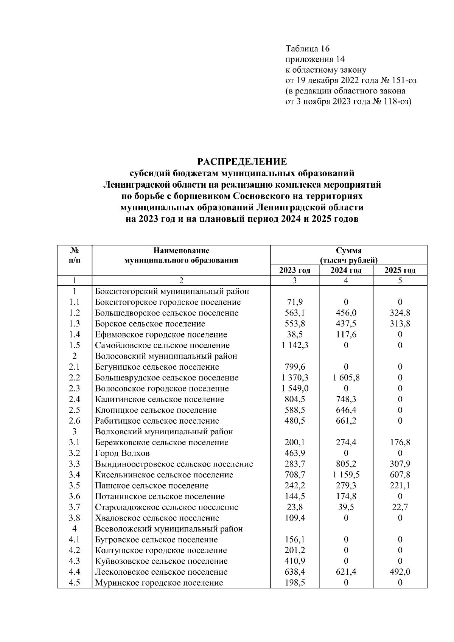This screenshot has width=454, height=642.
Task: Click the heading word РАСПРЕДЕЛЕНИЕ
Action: (242, 162)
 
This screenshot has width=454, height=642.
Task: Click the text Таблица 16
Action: (308, 49)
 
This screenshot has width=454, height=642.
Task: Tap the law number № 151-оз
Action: (398, 81)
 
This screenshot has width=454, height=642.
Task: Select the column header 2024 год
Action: (346, 270)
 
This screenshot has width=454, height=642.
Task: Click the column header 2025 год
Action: (400, 270)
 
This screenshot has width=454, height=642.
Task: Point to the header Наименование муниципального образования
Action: (181, 255)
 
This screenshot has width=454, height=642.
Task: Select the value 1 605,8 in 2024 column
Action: (346, 378)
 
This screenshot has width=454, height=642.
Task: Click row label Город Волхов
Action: (122, 453)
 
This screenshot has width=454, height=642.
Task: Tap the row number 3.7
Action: (74, 507)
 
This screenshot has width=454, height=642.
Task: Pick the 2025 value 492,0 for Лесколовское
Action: (400, 572)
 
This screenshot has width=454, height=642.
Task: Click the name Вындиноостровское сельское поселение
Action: (174, 464)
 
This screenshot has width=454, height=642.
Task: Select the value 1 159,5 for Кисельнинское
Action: (346, 475)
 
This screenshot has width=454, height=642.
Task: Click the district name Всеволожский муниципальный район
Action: (169, 529)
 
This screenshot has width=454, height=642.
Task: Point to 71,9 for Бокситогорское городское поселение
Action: (295, 302)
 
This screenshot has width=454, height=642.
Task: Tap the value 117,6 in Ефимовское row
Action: (346, 335)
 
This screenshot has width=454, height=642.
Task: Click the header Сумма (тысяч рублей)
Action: (348, 255)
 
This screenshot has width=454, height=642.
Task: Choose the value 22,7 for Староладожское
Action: (400, 507)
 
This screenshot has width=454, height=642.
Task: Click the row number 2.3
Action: (74, 389)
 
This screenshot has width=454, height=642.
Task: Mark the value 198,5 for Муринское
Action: (295, 583)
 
